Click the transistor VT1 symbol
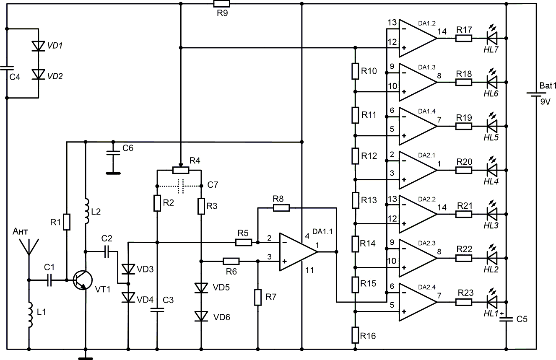pyautogui.click(x=83, y=280)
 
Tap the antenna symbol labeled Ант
pyautogui.click(x=29, y=247)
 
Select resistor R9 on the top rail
pyautogui.click(x=222, y=4)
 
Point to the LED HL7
pyautogui.click(x=492, y=39)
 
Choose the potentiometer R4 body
pyautogui.click(x=181, y=170)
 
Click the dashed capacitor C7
pyautogui.click(x=181, y=186)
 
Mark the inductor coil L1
pyautogui.click(x=30, y=315)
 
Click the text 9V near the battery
pyautogui.click(x=546, y=102)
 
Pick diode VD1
pyautogui.click(x=39, y=46)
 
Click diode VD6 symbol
pyautogui.click(x=201, y=316)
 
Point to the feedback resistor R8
pyautogui.click(x=281, y=208)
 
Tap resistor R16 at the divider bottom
pyautogui.click(x=355, y=335)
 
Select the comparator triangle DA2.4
pyautogui.click(x=418, y=302)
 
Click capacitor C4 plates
pyautogui.click(x=7, y=68)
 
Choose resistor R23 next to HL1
pyautogui.click(x=464, y=302)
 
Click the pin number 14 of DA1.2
pyautogui.click(x=442, y=31)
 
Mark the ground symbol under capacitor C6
pyautogui.click(x=113, y=173)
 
